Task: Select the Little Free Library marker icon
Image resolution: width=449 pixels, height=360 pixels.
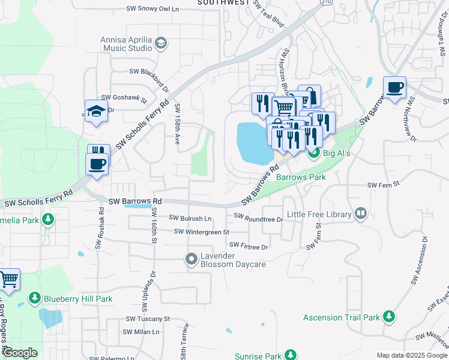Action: click(x=361, y=213)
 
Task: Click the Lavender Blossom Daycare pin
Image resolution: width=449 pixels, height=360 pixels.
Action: click(x=191, y=259)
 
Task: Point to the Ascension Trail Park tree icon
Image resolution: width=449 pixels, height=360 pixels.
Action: click(x=389, y=316)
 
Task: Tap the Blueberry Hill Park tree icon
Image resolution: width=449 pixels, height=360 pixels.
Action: click(x=35, y=298)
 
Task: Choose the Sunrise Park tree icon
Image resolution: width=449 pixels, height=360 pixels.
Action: click(x=290, y=356)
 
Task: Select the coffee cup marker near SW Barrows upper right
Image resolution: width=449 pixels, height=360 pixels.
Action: click(x=395, y=88)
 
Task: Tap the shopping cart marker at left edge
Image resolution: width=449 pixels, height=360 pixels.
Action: click(x=8, y=279)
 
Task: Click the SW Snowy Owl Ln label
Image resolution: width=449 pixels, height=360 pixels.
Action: click(x=152, y=9)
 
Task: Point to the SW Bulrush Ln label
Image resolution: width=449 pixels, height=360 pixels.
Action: click(x=190, y=218)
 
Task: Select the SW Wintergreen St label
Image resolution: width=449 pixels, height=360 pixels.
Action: click(x=202, y=232)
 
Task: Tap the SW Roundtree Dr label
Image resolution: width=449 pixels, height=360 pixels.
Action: click(x=258, y=219)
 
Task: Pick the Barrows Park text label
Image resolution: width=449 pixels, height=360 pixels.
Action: click(x=301, y=177)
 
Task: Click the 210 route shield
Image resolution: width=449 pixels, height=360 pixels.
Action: click(x=325, y=2)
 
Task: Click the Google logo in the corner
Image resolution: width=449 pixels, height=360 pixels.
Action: click(x=20, y=353)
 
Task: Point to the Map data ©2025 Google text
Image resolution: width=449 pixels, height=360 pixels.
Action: click(x=411, y=355)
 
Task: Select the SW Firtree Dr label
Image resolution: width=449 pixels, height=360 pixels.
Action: click(x=249, y=246)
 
